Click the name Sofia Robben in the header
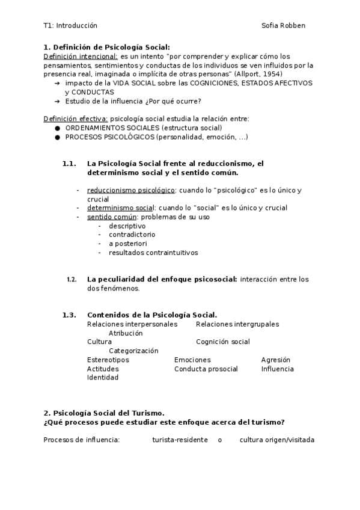[283, 25]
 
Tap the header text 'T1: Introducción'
[70, 25]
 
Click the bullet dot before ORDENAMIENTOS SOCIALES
[57, 128]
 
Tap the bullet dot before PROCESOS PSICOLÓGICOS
[57, 137]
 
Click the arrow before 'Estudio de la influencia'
[57, 101]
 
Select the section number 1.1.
[69, 164]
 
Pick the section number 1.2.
[72, 279]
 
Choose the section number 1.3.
[69, 315]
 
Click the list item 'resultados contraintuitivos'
[153, 253]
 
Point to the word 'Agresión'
[275, 360]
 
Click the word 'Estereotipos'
[108, 360]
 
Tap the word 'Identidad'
[103, 378]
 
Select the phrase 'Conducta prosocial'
[206, 369]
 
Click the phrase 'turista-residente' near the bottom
[180, 440]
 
